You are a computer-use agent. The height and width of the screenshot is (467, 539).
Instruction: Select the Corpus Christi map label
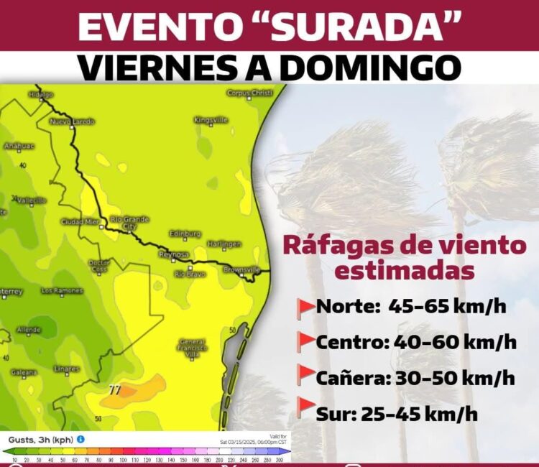pos(250,93)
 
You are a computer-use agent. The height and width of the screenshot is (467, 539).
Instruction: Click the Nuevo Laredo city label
pos(72,121)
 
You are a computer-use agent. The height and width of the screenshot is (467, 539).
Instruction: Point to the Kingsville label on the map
pos(211,119)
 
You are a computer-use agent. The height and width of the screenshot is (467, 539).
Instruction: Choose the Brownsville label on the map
pos(241,269)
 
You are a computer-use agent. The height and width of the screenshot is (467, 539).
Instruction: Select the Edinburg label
pos(185,233)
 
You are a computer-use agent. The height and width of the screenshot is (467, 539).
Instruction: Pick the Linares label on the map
pos(67,369)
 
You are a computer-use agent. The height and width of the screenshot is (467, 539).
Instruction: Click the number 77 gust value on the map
pos(114,390)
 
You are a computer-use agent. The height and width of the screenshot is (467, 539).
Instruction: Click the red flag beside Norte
pos(306,307)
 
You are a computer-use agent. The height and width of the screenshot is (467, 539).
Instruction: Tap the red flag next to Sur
pos(306,408)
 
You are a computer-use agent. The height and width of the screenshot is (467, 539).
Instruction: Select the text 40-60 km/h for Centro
pos(455,342)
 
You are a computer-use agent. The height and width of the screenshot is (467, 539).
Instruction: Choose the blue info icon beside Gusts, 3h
pos(81,439)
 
